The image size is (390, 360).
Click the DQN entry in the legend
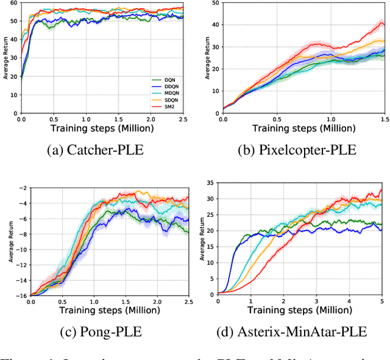click(x=161, y=80)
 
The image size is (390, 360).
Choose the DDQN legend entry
click(x=161, y=86)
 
